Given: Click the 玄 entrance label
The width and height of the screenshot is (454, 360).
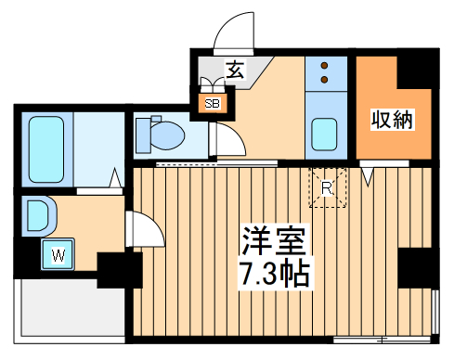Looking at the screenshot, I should (235, 68).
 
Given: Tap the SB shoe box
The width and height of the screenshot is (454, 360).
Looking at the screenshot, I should (212, 102).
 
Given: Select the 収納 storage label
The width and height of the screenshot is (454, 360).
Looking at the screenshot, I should (392, 120).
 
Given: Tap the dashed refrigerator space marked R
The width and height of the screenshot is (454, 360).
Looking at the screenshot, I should (327, 186).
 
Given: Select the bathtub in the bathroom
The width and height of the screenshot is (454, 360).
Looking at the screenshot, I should (45, 148).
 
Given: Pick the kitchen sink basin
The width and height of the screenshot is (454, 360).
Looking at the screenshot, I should (325, 135).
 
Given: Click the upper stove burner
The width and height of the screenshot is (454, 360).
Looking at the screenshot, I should (325, 66).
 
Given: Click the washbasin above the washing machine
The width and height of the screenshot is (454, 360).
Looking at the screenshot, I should (40, 214).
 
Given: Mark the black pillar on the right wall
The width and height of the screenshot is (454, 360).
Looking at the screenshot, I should (415, 269).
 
